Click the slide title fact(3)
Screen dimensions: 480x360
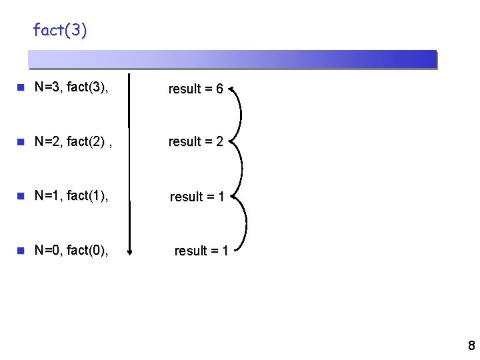point(60,31)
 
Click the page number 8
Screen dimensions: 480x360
point(471,345)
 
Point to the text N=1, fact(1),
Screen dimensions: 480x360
point(72,195)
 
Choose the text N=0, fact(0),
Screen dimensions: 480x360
point(72,250)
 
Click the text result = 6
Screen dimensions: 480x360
point(195,89)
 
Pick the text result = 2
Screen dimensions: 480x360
point(195,141)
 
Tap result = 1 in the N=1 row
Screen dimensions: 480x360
point(197,197)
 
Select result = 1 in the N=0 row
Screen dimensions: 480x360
point(201,251)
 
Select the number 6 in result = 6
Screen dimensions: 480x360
point(219,89)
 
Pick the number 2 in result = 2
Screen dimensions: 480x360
point(219,141)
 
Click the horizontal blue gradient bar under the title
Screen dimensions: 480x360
point(233,59)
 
